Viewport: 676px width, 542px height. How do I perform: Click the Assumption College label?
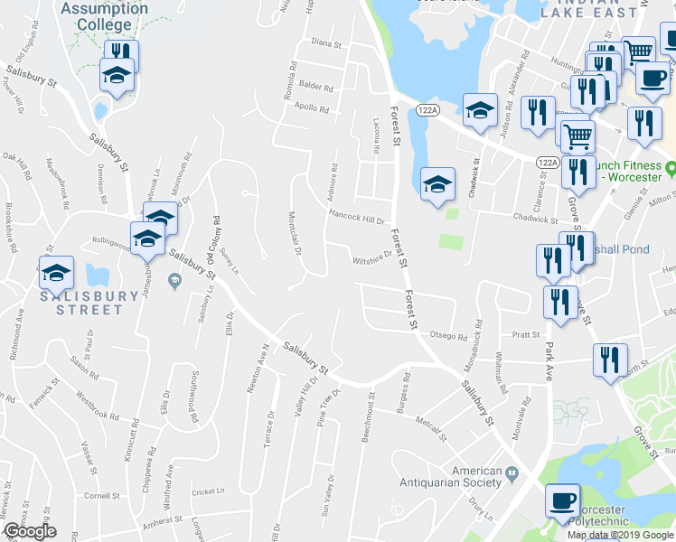click(105, 16)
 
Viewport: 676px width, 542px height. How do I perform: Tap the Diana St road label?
click(325, 43)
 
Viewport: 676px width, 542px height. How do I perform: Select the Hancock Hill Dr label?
click(357, 218)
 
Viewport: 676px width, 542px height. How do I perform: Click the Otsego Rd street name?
click(448, 336)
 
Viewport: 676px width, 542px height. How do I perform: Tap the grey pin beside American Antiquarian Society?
click(513, 472)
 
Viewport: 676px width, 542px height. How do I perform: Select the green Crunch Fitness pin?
click(671, 169)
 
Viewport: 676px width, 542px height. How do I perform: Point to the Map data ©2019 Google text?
click(620, 535)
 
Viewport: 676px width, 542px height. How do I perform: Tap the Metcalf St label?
click(432, 425)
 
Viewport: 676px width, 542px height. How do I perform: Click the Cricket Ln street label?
click(207, 492)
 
